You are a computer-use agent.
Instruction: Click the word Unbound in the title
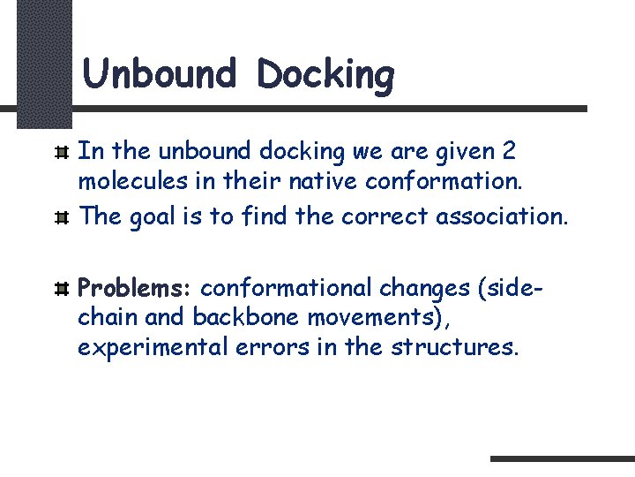click(160, 73)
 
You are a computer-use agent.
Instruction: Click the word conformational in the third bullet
click(289, 288)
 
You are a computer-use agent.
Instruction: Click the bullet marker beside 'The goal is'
click(63, 217)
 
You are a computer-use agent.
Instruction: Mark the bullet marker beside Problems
click(63, 289)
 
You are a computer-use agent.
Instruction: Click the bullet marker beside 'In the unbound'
click(63, 152)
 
